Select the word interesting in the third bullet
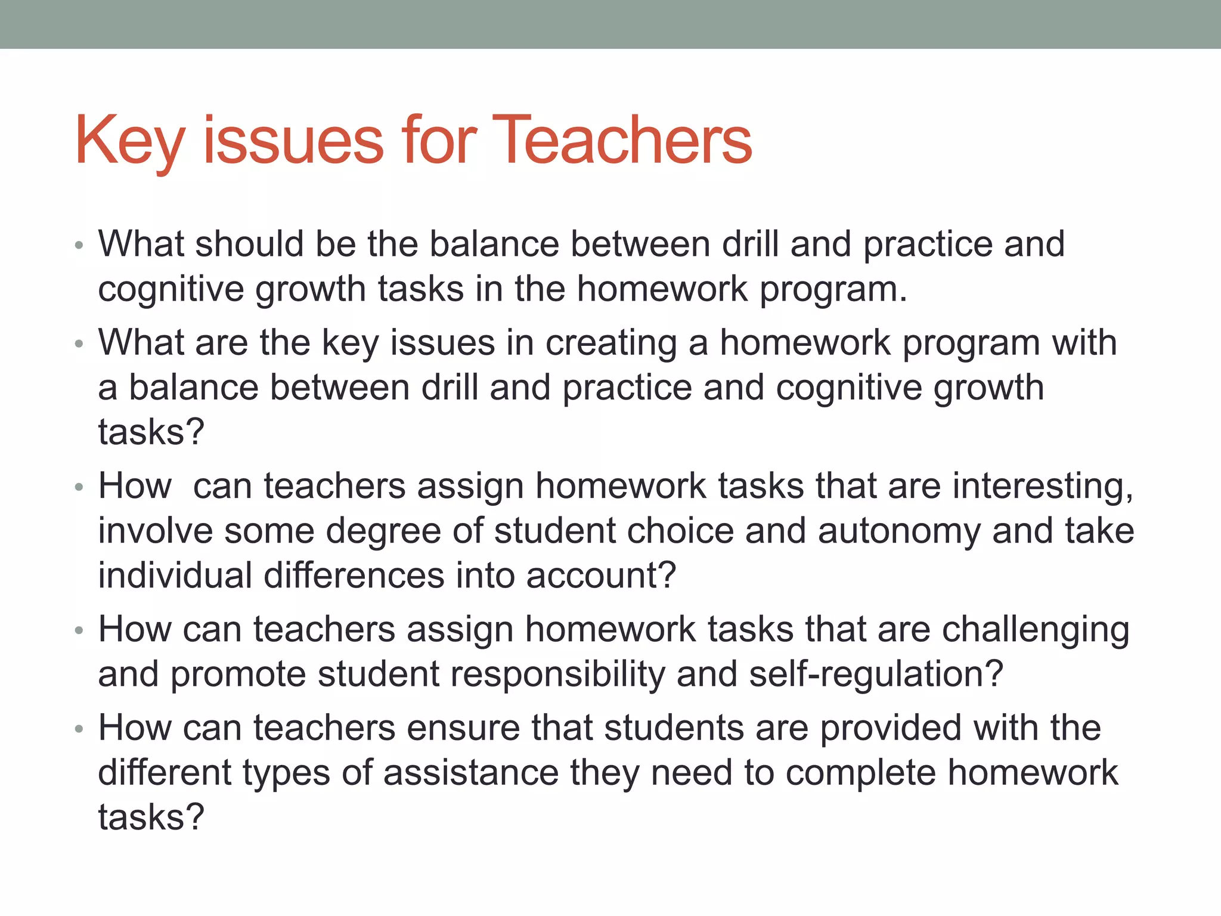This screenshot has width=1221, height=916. point(1043,485)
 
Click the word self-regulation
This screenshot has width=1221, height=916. point(876,674)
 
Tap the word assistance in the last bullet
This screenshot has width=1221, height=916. point(470,772)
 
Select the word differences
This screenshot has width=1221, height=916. point(354,575)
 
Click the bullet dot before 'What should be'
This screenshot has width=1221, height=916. point(79,245)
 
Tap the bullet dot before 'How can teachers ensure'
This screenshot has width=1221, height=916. point(79,729)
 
